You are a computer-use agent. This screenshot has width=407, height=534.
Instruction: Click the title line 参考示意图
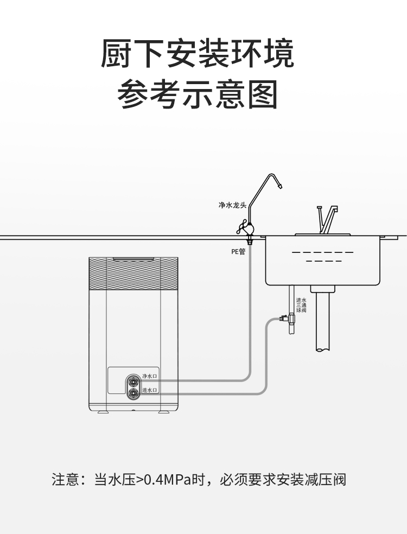click(198, 94)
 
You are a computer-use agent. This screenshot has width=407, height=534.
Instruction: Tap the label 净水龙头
click(232, 205)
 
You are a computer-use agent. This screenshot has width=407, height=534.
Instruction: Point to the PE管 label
click(238, 251)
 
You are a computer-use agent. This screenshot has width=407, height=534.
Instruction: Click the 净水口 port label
click(149, 376)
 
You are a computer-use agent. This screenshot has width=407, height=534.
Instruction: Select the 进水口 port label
click(149, 390)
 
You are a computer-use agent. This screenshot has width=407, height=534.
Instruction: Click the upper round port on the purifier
click(133, 379)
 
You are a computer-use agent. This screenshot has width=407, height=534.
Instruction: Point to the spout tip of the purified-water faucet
click(279, 186)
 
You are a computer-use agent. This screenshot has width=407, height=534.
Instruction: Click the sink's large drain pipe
click(323, 320)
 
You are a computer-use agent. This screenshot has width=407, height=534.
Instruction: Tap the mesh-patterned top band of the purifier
click(133, 274)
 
